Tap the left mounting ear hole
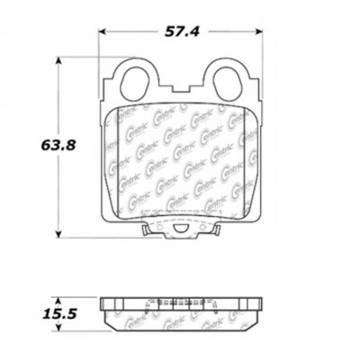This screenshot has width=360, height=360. coord(134,80)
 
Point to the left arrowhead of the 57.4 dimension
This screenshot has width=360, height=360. coord(101,32)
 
